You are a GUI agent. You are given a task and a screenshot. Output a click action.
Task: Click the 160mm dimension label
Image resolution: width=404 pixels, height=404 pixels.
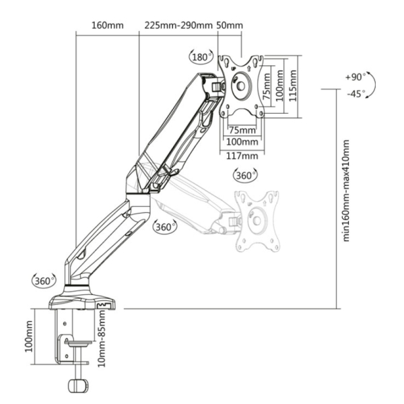pyautogui.click(x=108, y=26)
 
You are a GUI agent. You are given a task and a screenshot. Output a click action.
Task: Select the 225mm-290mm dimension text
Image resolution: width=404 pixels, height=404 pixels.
pyautogui.click(x=178, y=26)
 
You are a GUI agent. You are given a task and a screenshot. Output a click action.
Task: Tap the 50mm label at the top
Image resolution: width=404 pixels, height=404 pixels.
pyautogui.click(x=230, y=26)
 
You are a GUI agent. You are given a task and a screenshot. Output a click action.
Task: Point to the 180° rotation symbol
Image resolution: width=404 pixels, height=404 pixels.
pyautogui.click(x=201, y=57)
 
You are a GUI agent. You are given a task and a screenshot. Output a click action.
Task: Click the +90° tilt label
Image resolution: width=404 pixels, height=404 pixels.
pyautogui.click(x=356, y=77)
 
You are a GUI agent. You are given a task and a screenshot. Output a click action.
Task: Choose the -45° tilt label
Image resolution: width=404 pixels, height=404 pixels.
pyautogui.click(x=356, y=94)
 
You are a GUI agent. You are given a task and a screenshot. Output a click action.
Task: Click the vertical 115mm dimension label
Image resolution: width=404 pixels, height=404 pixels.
pyautogui.click(x=292, y=86)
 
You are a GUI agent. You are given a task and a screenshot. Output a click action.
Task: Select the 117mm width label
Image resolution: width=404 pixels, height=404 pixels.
pyautogui.click(x=242, y=156)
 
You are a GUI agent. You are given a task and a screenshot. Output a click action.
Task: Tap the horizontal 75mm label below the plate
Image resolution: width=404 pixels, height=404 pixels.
pyautogui.click(x=242, y=130)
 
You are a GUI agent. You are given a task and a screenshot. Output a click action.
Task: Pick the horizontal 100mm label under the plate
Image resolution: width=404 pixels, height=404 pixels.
pyautogui.click(x=242, y=142)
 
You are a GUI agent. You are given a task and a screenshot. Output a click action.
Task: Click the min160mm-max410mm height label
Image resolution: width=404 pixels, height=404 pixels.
pyautogui.click(x=346, y=191)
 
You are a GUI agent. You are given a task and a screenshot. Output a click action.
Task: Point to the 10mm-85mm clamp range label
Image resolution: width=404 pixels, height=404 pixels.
pyautogui.click(x=102, y=338)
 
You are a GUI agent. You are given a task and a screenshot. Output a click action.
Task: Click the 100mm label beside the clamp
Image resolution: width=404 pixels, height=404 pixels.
pyautogui.click(x=28, y=336)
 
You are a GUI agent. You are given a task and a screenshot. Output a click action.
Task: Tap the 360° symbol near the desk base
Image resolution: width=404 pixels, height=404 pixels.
pyautogui.click(x=44, y=281)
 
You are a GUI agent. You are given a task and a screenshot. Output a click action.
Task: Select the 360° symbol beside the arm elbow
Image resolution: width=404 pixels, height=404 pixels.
pyautogui.click(x=165, y=227)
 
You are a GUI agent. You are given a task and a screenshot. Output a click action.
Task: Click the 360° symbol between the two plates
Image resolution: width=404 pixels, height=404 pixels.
pyautogui.click(x=245, y=176)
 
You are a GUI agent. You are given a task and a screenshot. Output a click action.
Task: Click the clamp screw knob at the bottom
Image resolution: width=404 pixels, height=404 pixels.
pyautogui.click(x=78, y=386)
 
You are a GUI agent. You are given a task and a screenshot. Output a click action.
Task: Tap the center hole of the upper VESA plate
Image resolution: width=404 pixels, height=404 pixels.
pyautogui.click(x=241, y=86)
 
